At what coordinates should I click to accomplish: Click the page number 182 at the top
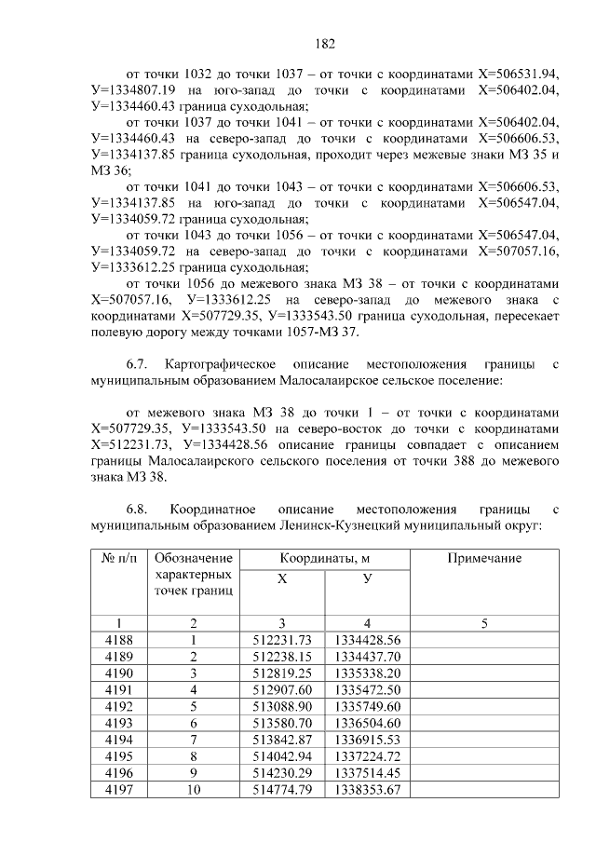(325, 43)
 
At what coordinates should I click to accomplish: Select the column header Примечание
(484, 558)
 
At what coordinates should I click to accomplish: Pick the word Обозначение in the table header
(194, 558)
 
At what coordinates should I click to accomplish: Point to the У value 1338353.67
(368, 791)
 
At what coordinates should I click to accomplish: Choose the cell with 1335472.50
(368, 690)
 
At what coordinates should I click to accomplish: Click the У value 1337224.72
(368, 757)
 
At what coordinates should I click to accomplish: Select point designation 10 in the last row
(194, 791)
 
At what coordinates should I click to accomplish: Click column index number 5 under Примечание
(484, 623)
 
